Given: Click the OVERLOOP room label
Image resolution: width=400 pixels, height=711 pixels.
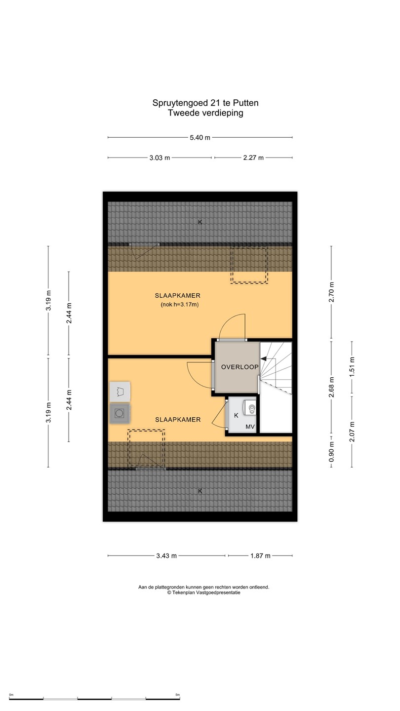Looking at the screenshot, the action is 240,367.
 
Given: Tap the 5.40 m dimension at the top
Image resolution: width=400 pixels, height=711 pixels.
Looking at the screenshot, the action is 200,137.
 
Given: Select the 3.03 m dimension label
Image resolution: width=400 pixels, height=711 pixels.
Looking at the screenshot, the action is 160,158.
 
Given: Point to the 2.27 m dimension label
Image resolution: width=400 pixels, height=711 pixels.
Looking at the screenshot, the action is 253,158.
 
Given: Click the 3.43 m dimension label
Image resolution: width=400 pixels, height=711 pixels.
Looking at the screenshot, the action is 166,556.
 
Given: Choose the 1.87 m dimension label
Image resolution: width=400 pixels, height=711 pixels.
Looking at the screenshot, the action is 260,556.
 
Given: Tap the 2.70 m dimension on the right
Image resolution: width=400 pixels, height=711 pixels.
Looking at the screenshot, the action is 331,292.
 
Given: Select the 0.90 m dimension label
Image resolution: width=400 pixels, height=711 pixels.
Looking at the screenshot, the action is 331,452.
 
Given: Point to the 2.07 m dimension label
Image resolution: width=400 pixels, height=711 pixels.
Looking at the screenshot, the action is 352,432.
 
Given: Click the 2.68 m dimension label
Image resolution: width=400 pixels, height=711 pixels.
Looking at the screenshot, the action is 331,387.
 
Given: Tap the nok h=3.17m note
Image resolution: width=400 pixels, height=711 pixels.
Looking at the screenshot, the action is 179,305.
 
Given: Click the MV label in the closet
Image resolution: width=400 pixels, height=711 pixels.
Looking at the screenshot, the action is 250,427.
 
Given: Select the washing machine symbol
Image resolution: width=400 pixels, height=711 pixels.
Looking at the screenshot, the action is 120,413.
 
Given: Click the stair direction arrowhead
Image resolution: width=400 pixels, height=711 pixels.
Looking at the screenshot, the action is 264,358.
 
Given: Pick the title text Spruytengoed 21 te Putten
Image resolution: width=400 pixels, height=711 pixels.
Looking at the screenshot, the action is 205,103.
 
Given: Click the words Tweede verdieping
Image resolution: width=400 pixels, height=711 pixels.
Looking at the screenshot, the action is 205,113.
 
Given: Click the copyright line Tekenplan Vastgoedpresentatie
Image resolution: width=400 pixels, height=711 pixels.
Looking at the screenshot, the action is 204,592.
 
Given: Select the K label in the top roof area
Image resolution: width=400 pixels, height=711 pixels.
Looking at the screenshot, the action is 200,222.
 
